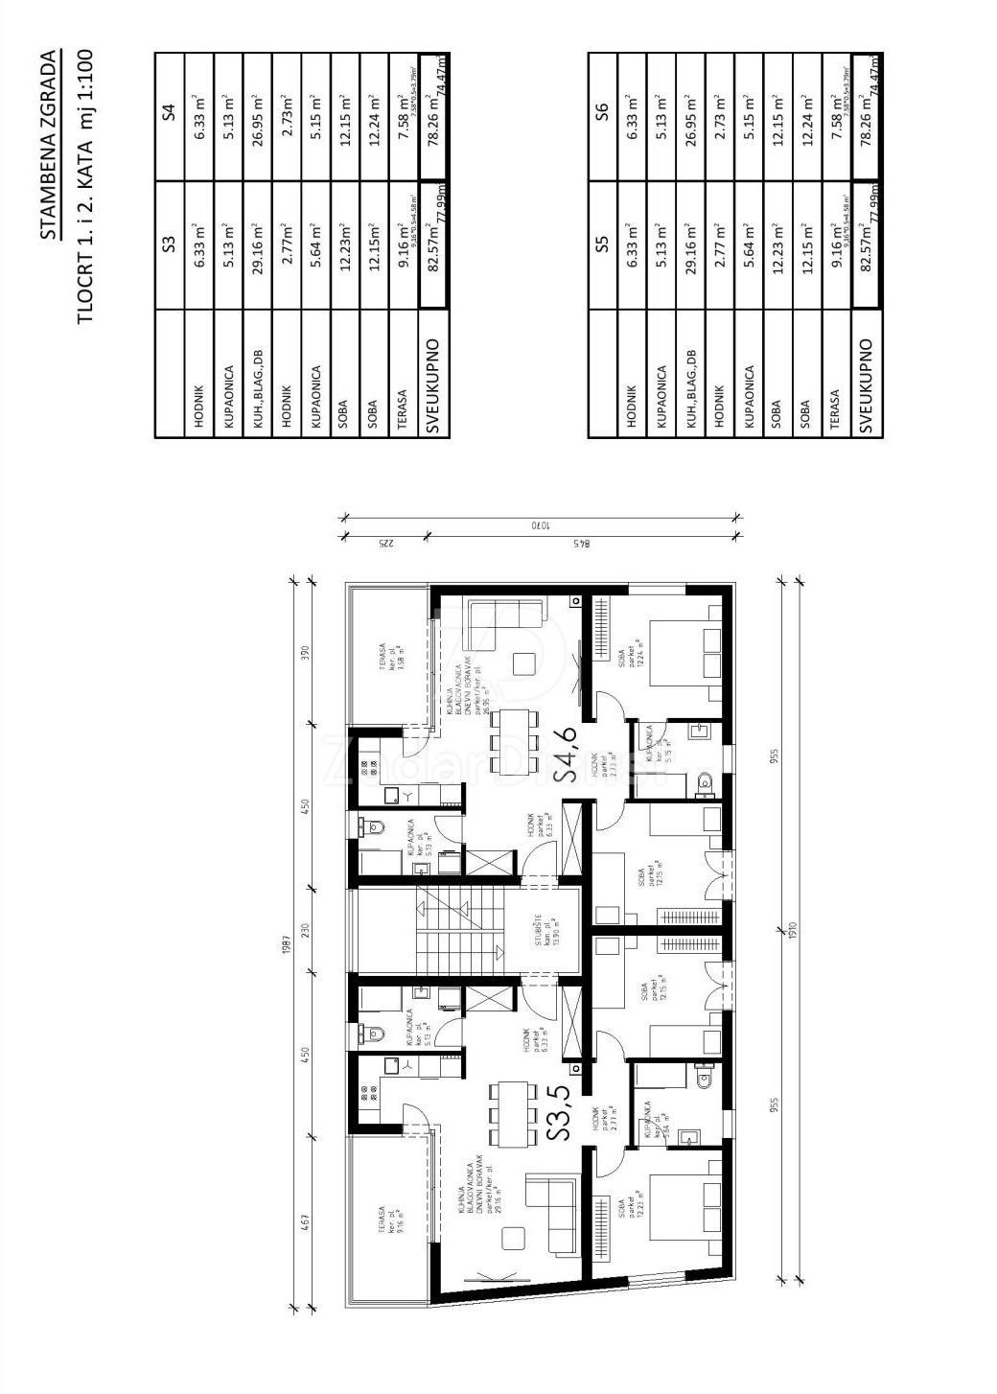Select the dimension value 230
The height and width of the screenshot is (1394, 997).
coord(307,930)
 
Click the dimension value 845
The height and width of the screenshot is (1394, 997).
coord(579,544)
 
